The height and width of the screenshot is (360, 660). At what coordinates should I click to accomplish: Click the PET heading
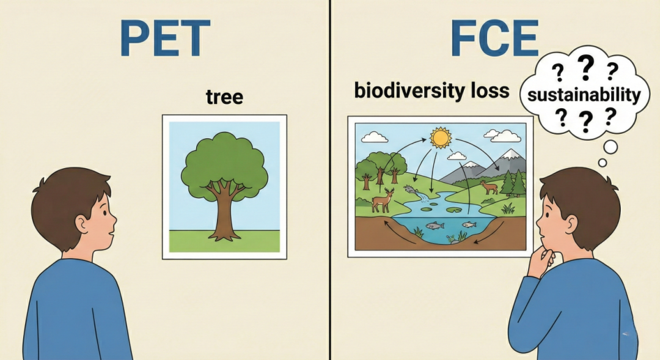[x=165, y=38]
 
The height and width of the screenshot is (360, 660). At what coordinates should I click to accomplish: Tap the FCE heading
[x=494, y=38]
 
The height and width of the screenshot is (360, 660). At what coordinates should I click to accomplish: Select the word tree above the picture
[x=224, y=97]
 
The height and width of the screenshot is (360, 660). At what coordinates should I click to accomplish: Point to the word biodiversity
[x=402, y=90]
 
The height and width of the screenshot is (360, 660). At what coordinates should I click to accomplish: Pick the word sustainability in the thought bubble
[x=584, y=94]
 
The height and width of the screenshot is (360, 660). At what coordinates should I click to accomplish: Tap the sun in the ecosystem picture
[x=440, y=138]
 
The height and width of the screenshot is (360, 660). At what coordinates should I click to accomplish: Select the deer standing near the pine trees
[x=489, y=187]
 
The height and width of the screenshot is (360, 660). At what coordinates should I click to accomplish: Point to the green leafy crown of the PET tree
[x=224, y=164]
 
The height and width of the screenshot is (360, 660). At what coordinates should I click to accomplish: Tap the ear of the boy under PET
[x=81, y=224]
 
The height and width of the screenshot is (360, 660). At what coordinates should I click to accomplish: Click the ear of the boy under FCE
[x=571, y=224]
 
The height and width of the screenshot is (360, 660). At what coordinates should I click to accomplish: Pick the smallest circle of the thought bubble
[x=603, y=163]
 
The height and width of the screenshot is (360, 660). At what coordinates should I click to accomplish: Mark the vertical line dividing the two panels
[x=330, y=180]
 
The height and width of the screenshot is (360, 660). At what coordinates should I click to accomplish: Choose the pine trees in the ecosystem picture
[x=513, y=183]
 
